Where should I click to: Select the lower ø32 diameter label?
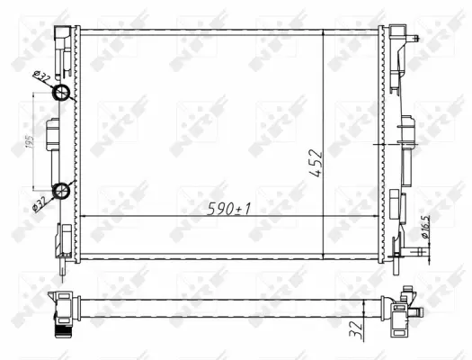[40, 202]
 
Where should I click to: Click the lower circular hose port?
[62, 189]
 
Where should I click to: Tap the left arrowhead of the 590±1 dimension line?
[85, 217]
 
